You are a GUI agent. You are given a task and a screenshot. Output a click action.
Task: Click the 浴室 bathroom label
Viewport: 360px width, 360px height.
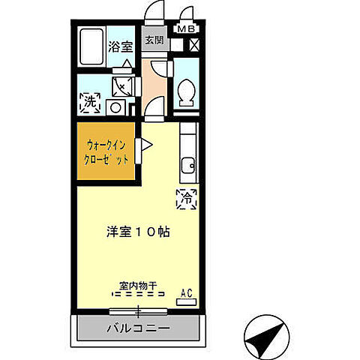122,45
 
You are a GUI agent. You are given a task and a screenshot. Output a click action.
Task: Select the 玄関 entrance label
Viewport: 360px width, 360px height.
154,40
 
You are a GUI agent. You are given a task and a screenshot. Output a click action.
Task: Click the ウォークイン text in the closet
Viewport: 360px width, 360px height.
106,145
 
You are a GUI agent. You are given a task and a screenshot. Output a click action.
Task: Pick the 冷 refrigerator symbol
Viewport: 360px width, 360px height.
186,198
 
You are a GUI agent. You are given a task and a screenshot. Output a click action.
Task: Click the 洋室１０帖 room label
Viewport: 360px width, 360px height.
137,232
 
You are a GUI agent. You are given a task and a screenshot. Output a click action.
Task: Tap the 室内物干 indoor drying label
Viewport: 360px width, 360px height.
137,286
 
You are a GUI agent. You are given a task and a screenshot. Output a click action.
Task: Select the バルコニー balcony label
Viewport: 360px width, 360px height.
137,328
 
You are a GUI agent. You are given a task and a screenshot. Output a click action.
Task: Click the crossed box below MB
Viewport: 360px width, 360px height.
194,44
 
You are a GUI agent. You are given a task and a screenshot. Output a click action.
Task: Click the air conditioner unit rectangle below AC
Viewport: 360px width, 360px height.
186,301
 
